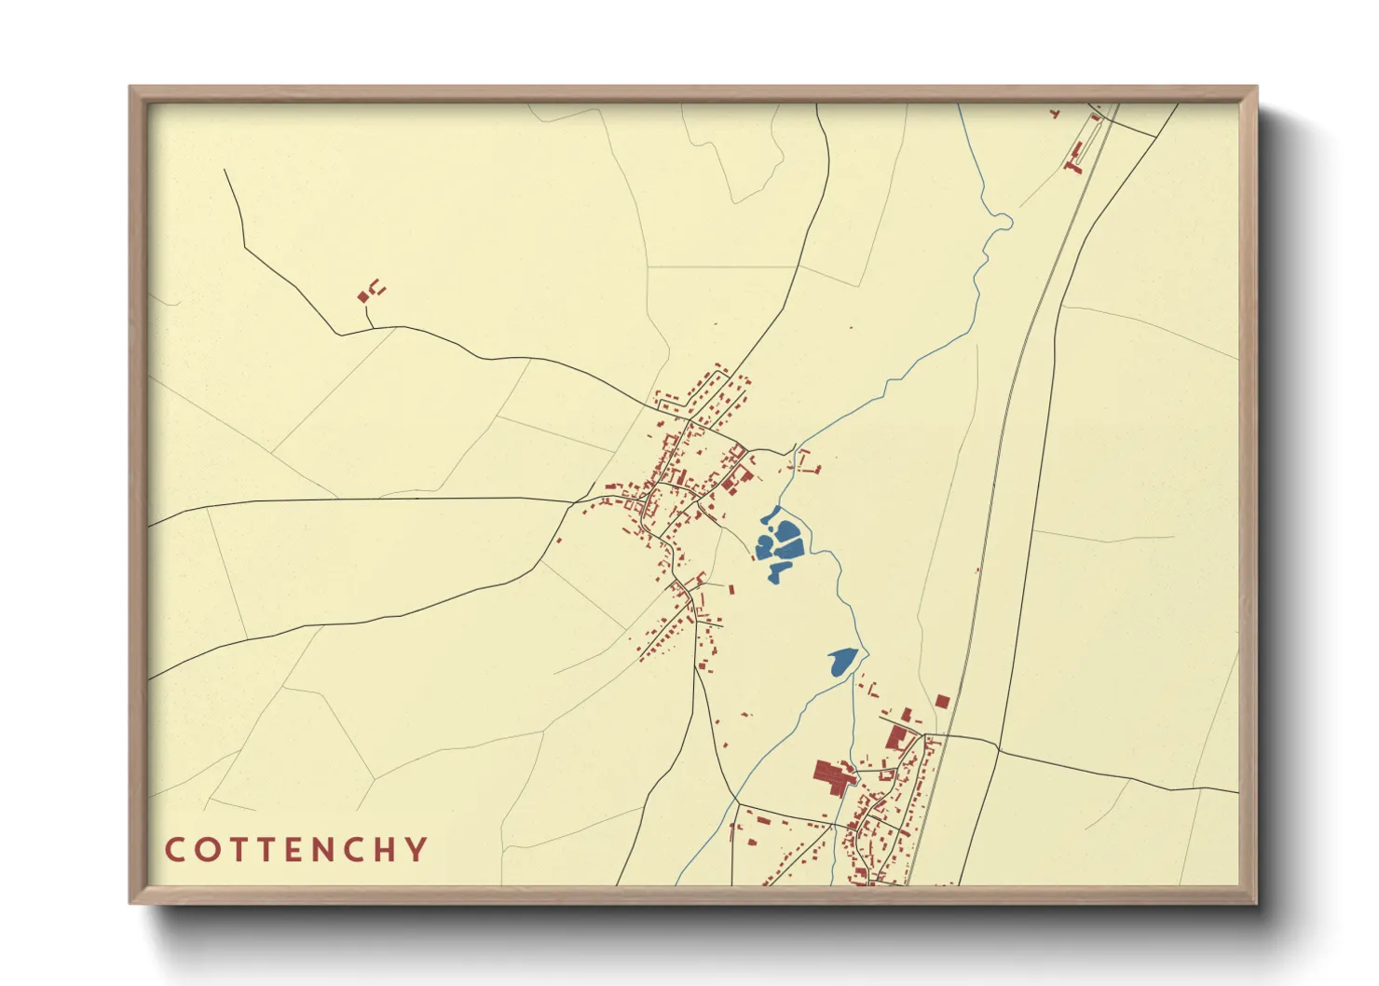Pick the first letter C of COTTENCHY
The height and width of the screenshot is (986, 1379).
point(174,850)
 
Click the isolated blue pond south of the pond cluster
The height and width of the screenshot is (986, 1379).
point(841,662)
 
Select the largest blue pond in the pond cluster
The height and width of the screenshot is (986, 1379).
point(788,535)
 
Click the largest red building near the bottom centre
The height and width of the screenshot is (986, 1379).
point(833,774)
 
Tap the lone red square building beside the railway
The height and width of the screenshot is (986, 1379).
point(942,701)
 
